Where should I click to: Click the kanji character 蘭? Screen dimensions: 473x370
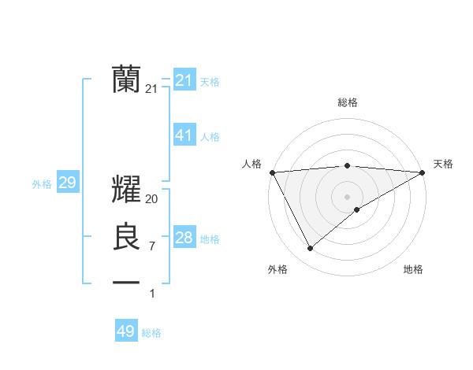coord(127,79)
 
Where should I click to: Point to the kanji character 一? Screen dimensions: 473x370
coord(127,282)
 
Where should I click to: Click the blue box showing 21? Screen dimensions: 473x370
coord(184,80)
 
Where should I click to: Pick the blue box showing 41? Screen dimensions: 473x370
coord(184,135)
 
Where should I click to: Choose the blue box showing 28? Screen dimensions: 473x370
coord(184,238)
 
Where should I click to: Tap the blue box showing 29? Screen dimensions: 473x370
coord(67,183)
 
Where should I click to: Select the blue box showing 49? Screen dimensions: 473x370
coord(126,331)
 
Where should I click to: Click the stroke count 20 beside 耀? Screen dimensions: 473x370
coord(152,200)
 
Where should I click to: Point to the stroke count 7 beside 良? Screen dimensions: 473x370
coord(152,246)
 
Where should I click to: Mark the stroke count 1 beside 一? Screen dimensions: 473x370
coord(152,294)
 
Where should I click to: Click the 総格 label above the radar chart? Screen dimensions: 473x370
coord(348,102)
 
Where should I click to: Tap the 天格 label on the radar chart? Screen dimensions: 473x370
coord(444,164)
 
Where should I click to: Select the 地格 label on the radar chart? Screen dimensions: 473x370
coord(413,270)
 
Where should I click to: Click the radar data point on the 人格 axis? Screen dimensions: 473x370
coord(272,172)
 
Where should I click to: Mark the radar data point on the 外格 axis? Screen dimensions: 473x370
coord(310,249)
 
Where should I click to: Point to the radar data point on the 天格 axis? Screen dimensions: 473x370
coord(423,172)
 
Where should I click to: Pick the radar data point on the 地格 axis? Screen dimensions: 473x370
coord(357,209)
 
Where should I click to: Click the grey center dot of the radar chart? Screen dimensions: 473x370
coord(348,196)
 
